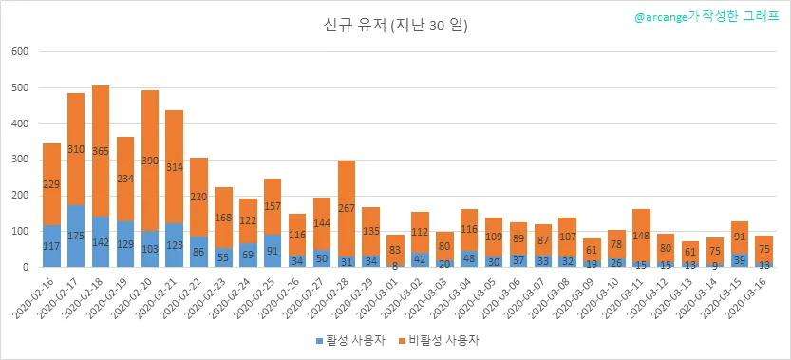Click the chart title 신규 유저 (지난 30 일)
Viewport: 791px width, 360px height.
pos(395,26)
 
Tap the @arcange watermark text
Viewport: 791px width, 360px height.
pos(706,17)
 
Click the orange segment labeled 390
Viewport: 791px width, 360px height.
pos(150,161)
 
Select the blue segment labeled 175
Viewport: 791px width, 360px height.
pos(76,236)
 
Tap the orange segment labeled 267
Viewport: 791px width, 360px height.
pos(346,208)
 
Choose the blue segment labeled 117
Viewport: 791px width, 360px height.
pos(51,246)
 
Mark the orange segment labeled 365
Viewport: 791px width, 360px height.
pos(101,151)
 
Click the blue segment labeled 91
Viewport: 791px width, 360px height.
pos(273,251)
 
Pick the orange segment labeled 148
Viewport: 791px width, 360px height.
pos(641,236)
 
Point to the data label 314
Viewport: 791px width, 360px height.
pos(175,167)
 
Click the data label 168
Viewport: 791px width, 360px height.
pos(223,218)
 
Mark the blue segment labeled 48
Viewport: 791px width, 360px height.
pos(469,258)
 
